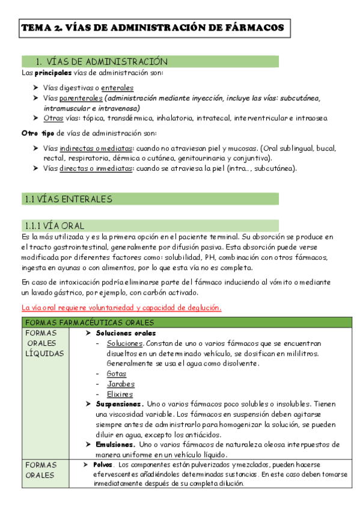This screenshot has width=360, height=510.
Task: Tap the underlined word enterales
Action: tap(117, 87)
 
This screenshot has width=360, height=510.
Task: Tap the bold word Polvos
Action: tap(103, 465)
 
